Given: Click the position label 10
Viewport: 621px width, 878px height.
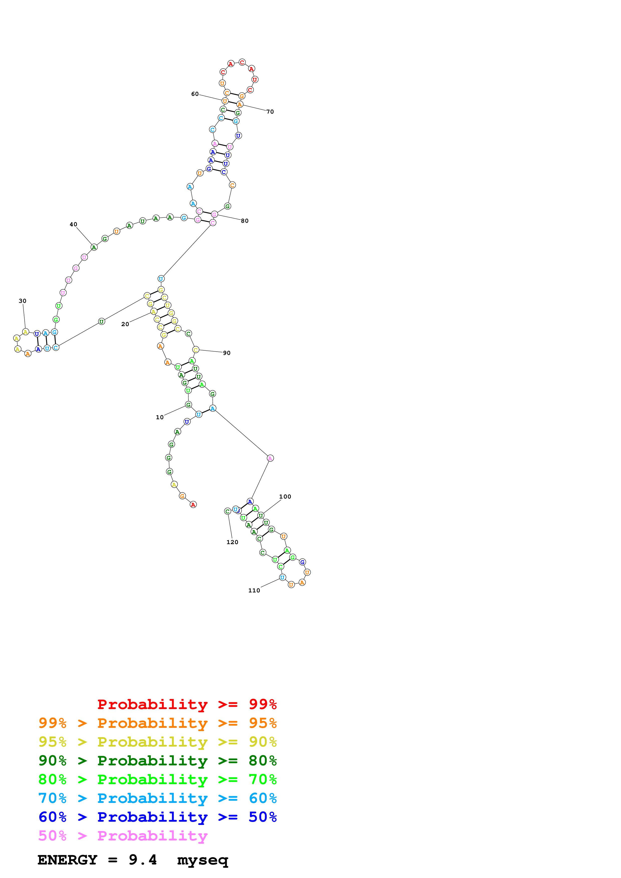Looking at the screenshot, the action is (x=160, y=417).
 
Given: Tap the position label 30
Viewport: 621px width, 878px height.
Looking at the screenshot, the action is (x=23, y=301).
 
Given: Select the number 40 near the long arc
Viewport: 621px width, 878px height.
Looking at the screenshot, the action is (x=73, y=225).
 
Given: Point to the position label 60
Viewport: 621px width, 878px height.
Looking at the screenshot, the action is (x=195, y=94).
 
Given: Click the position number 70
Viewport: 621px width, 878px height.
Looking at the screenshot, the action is (x=270, y=112).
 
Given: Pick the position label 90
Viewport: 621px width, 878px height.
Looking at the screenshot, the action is (x=227, y=353).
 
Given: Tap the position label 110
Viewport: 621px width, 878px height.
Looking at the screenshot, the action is (x=254, y=590).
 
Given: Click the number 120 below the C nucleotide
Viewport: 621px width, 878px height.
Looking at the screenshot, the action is (x=232, y=542).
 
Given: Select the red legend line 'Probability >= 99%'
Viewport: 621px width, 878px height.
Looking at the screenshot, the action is (x=187, y=704).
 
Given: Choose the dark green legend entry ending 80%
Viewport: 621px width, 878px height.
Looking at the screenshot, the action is (x=158, y=761).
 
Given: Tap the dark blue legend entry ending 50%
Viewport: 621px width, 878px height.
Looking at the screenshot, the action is (x=158, y=817).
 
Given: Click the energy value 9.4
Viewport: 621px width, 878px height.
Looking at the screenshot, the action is (x=143, y=860).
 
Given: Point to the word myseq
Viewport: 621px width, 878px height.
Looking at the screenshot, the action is (x=203, y=860).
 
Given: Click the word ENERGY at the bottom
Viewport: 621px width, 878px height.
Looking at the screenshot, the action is (x=67, y=860).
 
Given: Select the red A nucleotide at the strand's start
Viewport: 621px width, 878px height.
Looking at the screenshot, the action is (x=193, y=505).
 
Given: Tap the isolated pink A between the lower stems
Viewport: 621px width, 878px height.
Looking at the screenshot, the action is (x=270, y=458).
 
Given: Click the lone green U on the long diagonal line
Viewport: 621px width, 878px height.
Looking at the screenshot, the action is (x=101, y=322).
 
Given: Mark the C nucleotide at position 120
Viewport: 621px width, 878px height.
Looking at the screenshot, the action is (x=227, y=511).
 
